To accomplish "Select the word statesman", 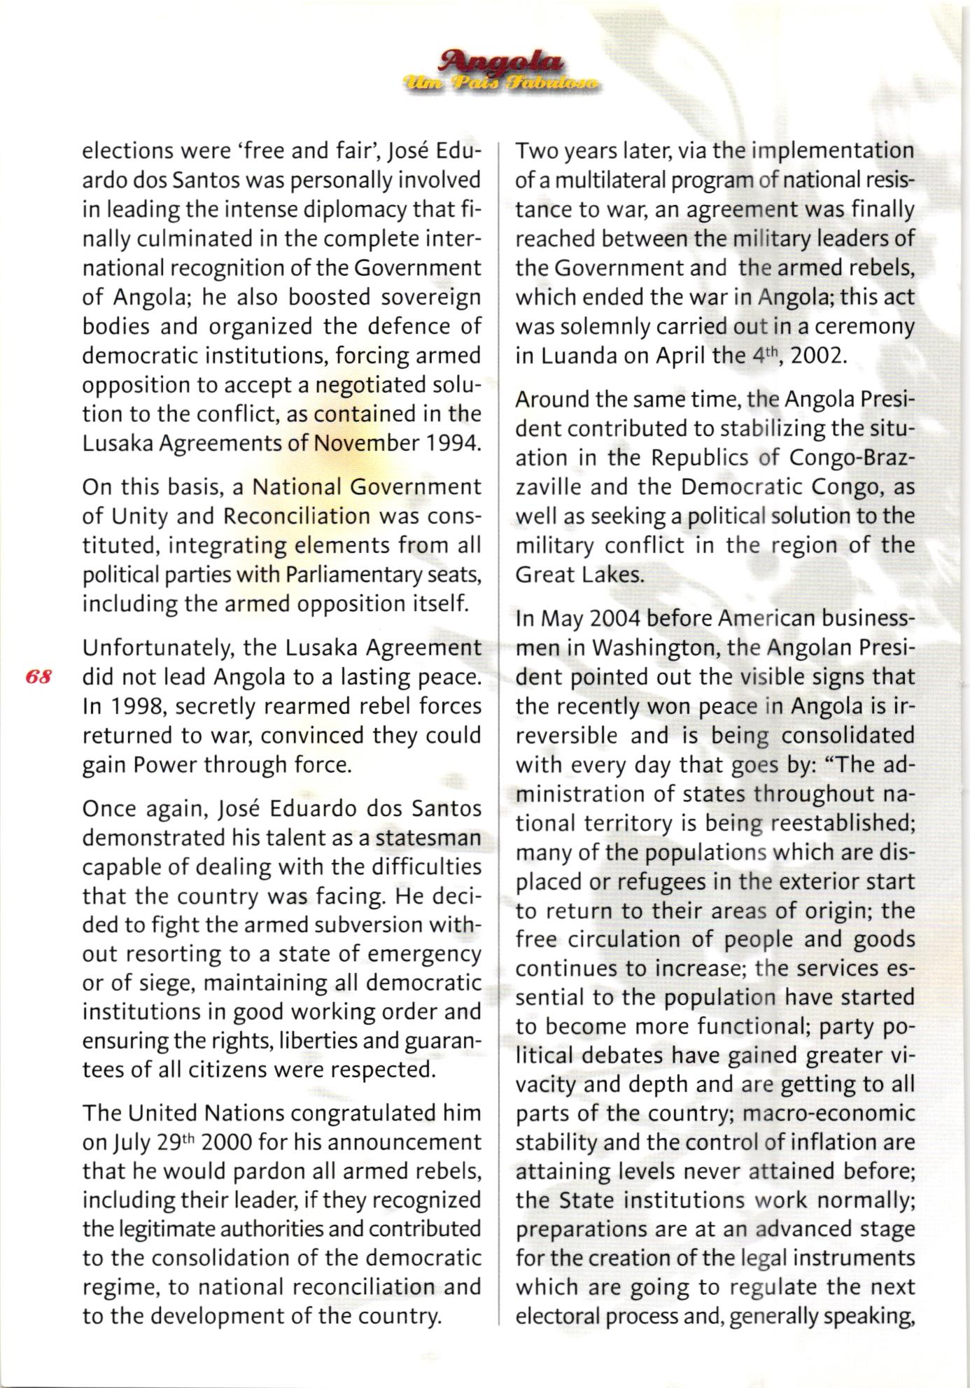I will click(429, 838).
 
